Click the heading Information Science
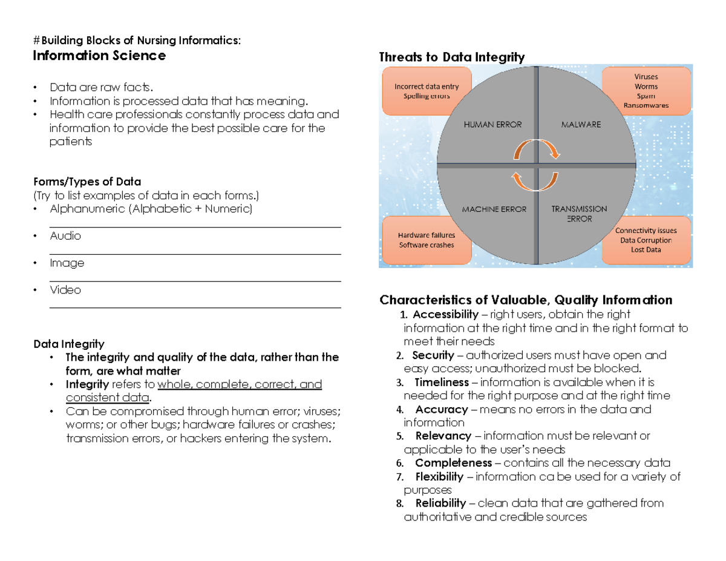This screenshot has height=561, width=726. pos(99,56)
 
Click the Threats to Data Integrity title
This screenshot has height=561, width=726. pos(451,57)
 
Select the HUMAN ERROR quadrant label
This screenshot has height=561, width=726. pos(492,124)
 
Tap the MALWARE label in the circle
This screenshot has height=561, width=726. pos(581,124)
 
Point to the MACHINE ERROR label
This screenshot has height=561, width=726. pos(494,209)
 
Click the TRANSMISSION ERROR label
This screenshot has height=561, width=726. pos(579,214)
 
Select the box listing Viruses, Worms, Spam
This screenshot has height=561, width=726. pos(646,91)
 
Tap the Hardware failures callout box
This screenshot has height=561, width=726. pos(426,240)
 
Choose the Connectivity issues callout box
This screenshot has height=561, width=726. pos(646,240)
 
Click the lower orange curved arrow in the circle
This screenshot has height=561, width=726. pos(535,179)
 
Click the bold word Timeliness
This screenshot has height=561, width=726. pos(442,382)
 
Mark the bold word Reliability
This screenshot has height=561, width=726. pos(440,503)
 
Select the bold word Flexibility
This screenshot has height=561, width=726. pos(439,477)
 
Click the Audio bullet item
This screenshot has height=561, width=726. pos(65,236)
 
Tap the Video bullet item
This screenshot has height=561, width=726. pos(65,290)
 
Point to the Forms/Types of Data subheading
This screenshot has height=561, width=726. pos(87,182)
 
